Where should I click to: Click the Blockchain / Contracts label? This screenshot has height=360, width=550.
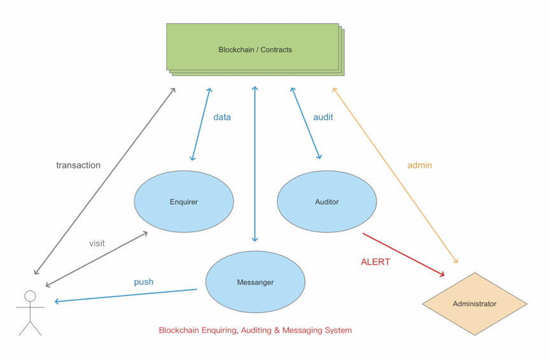point(255,50)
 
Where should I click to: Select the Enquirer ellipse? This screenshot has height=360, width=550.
point(183,202)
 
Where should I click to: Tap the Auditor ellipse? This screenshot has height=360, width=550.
point(327,202)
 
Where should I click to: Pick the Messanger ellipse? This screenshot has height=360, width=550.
point(255,282)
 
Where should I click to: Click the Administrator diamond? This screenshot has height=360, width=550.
point(474,304)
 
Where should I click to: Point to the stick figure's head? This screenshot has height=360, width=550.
point(30,296)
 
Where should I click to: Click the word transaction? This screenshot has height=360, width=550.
point(78,165)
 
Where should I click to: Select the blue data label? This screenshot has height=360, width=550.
point(222,117)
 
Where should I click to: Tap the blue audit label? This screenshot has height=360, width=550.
point(323,117)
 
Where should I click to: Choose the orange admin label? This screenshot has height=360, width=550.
point(420,165)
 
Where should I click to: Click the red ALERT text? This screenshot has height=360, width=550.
point(376,261)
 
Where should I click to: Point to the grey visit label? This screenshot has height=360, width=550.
point(97,243)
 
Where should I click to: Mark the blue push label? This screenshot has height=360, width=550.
point(143,282)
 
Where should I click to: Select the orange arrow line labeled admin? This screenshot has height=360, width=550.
point(395,175)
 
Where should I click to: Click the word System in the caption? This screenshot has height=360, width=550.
point(337,331)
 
